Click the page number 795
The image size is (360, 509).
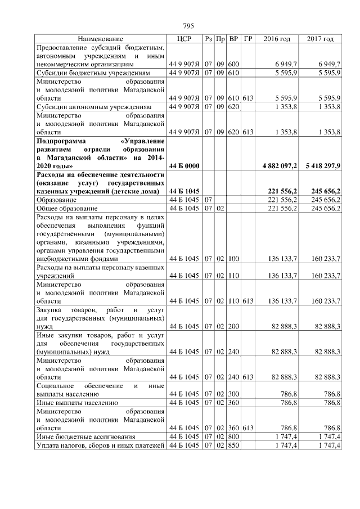click(x=188, y=26)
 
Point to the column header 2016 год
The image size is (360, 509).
click(x=277, y=39)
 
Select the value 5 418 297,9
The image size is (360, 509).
click(x=321, y=166)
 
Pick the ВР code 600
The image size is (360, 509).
click(x=234, y=65)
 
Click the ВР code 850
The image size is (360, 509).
click(x=234, y=446)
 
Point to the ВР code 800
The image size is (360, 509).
click(x=234, y=437)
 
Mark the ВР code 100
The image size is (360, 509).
click(x=234, y=259)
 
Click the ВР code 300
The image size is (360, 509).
click(x=234, y=394)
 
